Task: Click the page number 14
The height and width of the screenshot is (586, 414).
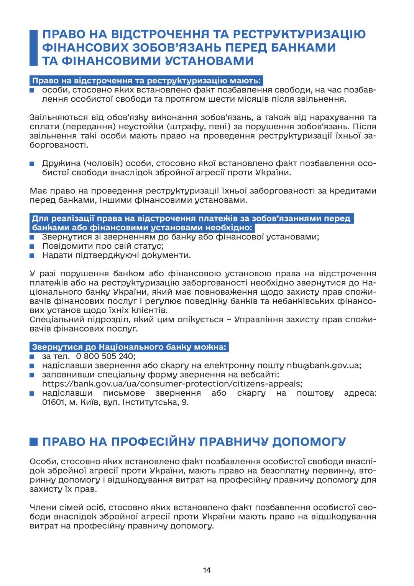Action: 207,570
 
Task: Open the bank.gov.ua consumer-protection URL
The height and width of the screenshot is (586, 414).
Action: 172,384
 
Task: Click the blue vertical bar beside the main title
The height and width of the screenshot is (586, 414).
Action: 34,48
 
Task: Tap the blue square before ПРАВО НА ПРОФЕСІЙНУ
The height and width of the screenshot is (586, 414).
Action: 34,442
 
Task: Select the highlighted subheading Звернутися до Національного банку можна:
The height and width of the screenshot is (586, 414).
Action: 130,347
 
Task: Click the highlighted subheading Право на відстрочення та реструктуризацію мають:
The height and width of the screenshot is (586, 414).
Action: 146,81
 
